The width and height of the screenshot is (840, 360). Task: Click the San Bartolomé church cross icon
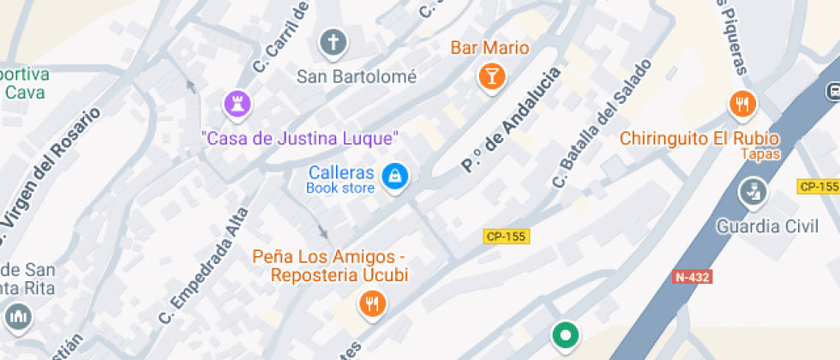click(333, 41)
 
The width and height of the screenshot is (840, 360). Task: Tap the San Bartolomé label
click(357, 76)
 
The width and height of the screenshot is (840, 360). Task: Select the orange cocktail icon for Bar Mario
click(491, 76)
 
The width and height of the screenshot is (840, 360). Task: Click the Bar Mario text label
click(490, 48)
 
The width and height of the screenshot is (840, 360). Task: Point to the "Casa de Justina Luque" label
click(300, 137)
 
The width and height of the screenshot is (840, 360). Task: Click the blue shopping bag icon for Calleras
click(394, 177)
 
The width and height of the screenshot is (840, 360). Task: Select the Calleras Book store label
click(341, 179)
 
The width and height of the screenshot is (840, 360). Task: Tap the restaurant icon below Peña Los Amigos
click(371, 303)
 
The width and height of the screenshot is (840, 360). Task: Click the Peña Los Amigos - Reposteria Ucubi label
click(330, 266)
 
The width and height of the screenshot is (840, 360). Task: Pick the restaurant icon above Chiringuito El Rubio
click(741, 105)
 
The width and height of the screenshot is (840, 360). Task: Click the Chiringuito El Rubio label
click(699, 138)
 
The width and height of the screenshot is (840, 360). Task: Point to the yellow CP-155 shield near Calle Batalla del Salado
click(506, 237)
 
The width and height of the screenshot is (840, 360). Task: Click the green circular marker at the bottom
click(565, 335)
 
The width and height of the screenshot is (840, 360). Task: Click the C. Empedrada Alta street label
click(203, 266)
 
